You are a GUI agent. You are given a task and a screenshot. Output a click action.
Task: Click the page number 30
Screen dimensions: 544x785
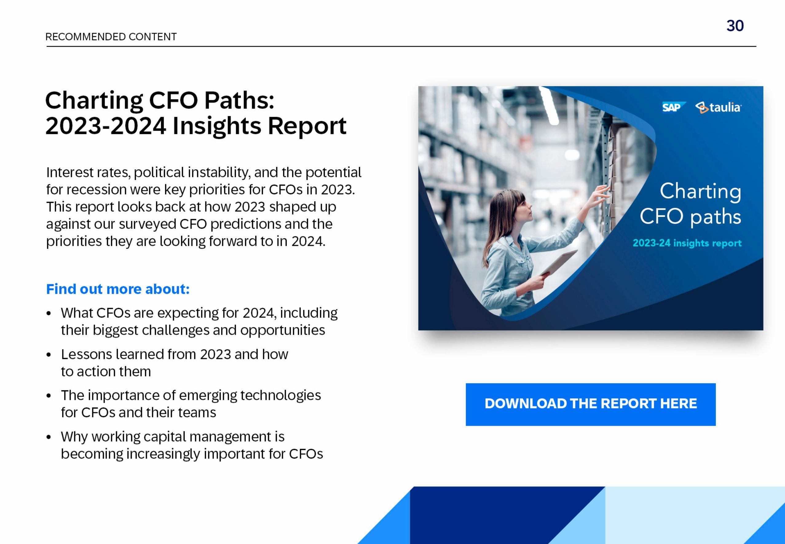click(x=735, y=26)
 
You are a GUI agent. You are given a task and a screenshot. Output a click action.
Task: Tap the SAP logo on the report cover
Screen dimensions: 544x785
click(x=672, y=107)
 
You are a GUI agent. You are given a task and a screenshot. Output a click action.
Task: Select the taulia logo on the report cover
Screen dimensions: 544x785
click(x=718, y=108)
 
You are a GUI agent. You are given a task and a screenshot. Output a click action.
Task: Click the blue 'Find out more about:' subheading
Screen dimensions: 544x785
click(x=118, y=289)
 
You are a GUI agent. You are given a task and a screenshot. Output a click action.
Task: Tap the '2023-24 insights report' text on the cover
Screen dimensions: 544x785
click(x=687, y=243)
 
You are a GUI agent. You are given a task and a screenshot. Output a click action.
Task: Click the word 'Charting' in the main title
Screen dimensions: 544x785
click(x=94, y=101)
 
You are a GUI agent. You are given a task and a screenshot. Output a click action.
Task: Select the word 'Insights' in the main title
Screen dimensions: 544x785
click(x=217, y=126)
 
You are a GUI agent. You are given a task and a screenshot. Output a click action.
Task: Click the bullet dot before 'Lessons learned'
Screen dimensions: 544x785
click(x=49, y=355)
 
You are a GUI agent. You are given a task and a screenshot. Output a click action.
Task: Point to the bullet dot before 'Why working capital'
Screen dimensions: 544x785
click(x=49, y=437)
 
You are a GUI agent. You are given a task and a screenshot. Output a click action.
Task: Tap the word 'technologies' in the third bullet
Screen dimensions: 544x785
click(x=280, y=395)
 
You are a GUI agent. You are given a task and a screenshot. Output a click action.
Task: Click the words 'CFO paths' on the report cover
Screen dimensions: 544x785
click(x=690, y=216)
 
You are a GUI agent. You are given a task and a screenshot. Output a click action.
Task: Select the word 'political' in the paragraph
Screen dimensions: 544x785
click(x=159, y=172)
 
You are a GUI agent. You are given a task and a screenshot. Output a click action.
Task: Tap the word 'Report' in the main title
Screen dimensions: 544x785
click(x=307, y=126)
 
